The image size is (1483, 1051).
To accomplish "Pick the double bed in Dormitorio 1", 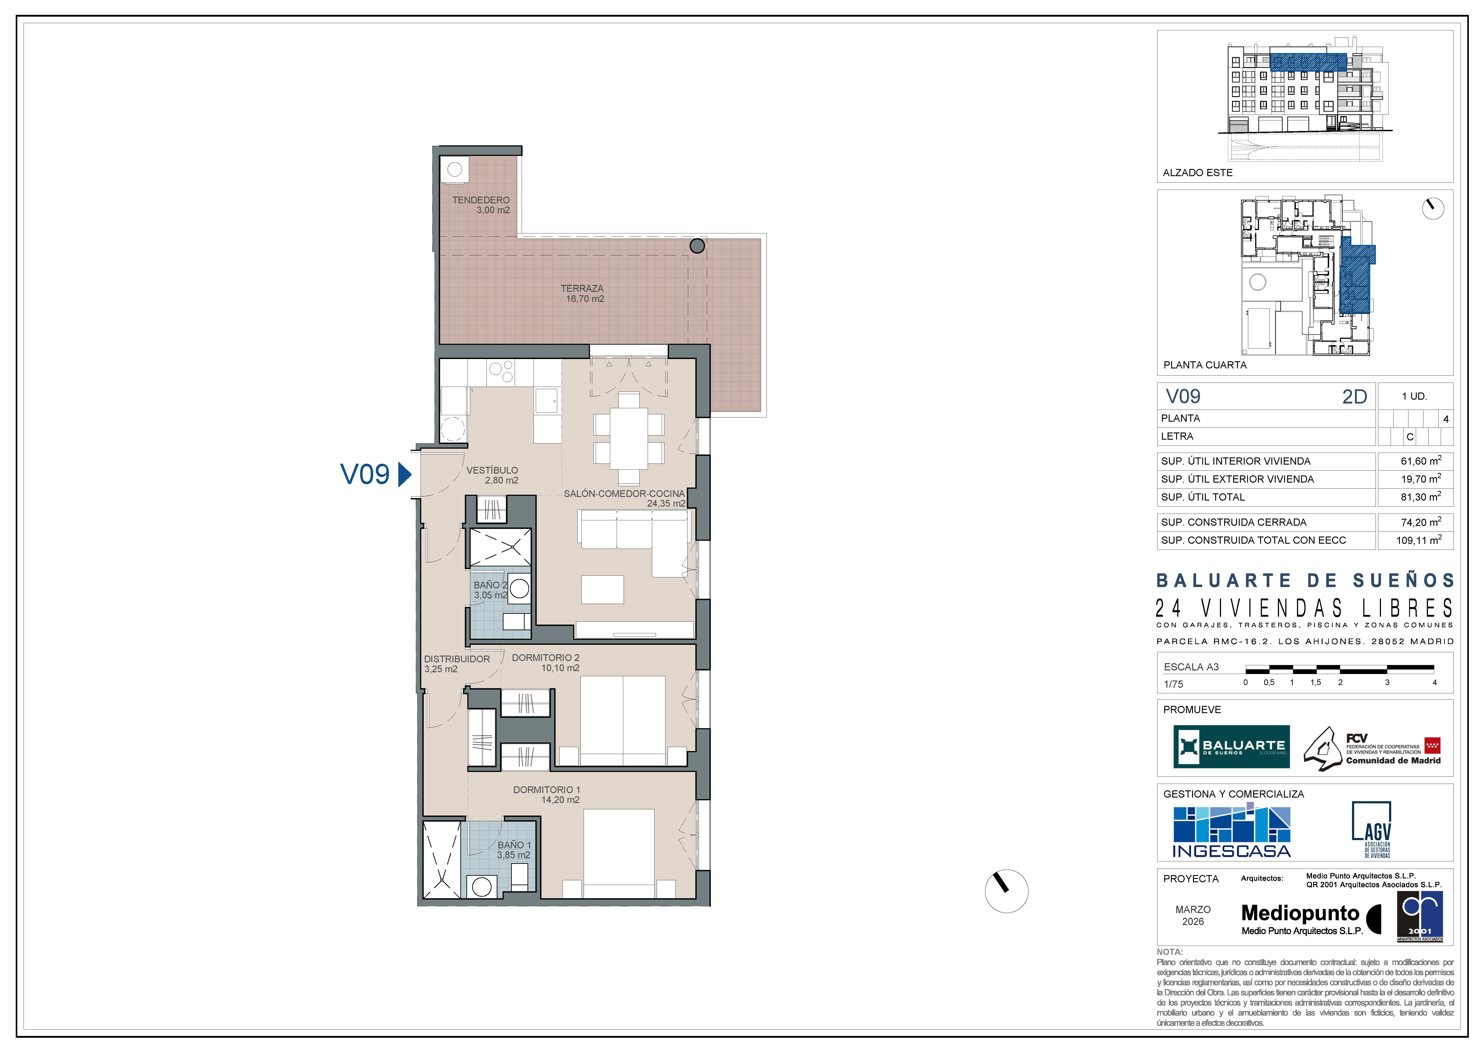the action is pyautogui.click(x=619, y=853).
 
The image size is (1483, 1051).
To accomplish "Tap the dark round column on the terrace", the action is pyautogui.click(x=697, y=246).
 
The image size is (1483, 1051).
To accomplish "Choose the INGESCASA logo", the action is pyautogui.click(x=1231, y=831).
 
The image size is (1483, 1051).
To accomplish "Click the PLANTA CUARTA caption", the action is pyautogui.click(x=1205, y=365).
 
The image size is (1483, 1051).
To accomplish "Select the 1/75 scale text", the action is pyautogui.click(x=1173, y=684).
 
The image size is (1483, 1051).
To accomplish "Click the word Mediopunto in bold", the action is pyautogui.click(x=1301, y=913).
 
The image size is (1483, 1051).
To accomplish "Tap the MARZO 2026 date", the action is pyautogui.click(x=1193, y=916).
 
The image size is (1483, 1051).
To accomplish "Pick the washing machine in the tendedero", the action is pyautogui.click(x=455, y=170).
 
